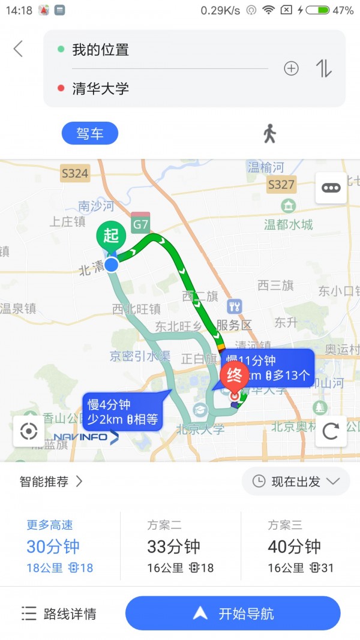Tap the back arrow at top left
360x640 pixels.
click(x=18, y=49)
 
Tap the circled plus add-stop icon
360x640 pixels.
click(x=291, y=69)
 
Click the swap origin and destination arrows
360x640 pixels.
click(x=324, y=69)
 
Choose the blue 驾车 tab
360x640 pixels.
click(x=90, y=133)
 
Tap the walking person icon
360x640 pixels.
click(x=269, y=133)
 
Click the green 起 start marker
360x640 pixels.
click(x=111, y=236)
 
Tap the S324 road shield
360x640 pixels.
click(x=75, y=174)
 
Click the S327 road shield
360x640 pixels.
click(x=281, y=184)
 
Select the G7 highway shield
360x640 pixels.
click(x=141, y=223)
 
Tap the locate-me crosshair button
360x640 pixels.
click(x=29, y=431)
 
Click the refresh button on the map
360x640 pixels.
click(x=331, y=431)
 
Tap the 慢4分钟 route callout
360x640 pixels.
click(x=122, y=411)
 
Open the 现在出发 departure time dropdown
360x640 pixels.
click(x=295, y=481)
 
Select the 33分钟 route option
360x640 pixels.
click(x=180, y=546)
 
